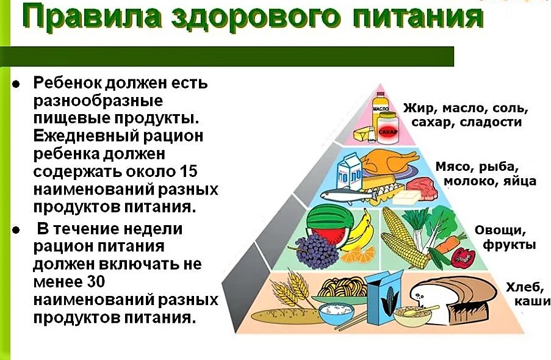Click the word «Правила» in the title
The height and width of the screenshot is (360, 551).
click(x=92, y=18)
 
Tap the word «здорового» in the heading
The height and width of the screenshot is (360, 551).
click(x=256, y=18)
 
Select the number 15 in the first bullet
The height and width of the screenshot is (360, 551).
click(x=189, y=171)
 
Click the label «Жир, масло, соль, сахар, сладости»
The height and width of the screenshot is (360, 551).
click(x=466, y=115)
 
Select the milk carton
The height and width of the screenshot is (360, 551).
click(x=350, y=173)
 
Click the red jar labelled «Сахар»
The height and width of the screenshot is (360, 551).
click(x=387, y=128)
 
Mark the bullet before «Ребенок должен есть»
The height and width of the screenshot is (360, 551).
click(x=16, y=84)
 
